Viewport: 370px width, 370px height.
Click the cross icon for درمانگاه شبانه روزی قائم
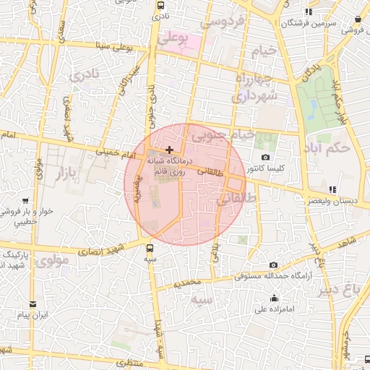click(169, 150)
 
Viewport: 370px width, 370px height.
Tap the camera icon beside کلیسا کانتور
click(265, 158)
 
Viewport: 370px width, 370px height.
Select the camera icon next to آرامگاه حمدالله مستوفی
click(272, 265)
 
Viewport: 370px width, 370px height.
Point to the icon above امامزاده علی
click(274, 298)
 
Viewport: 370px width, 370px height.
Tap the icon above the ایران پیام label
click(32, 305)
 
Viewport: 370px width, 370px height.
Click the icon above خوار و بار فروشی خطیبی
click(25, 201)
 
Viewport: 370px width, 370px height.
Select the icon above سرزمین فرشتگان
click(309, 12)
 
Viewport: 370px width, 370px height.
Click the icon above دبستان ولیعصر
click(332, 189)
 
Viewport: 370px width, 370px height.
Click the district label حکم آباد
click(327, 148)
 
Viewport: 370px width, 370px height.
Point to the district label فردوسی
click(223, 22)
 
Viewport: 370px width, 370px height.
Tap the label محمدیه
click(186, 283)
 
